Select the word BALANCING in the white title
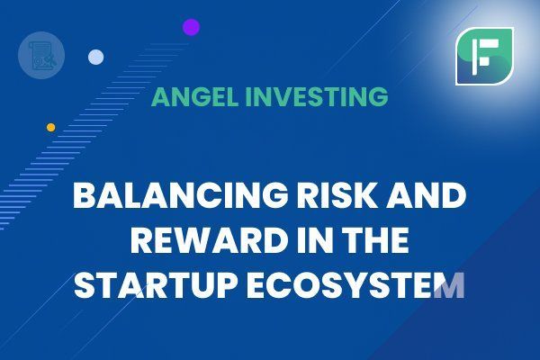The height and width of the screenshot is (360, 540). (180, 195)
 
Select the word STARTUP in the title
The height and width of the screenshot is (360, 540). (156, 285)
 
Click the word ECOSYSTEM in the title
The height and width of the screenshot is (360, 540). (355, 285)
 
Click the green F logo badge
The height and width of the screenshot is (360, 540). (484, 57)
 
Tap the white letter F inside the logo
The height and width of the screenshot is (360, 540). (485, 57)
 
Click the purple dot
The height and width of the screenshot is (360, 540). (192, 27)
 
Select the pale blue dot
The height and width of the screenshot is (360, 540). (95, 58)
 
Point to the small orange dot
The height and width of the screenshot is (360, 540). (51, 128)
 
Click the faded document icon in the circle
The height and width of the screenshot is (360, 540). (41, 56)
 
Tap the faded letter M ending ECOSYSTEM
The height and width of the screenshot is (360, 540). (450, 285)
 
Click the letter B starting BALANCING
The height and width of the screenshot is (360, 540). (84, 195)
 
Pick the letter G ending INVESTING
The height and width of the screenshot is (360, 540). (378, 97)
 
